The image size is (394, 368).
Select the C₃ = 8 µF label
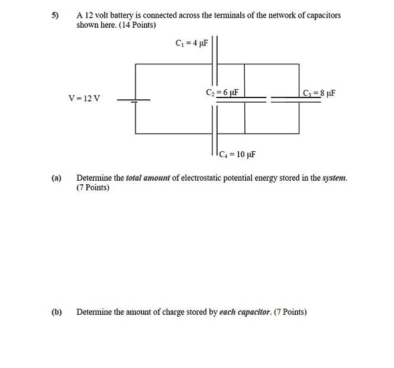coord(319,93)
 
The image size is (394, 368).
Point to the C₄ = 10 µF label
coord(236,155)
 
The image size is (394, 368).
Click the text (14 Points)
coord(136,26)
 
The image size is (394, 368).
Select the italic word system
coord(334,178)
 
